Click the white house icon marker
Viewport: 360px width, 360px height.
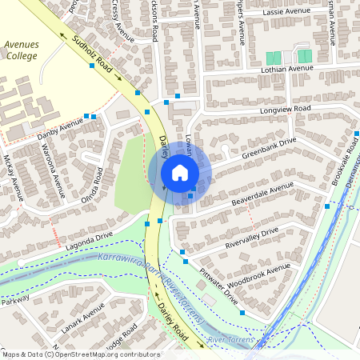[x=180, y=173]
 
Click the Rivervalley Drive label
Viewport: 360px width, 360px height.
[x=251, y=234]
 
